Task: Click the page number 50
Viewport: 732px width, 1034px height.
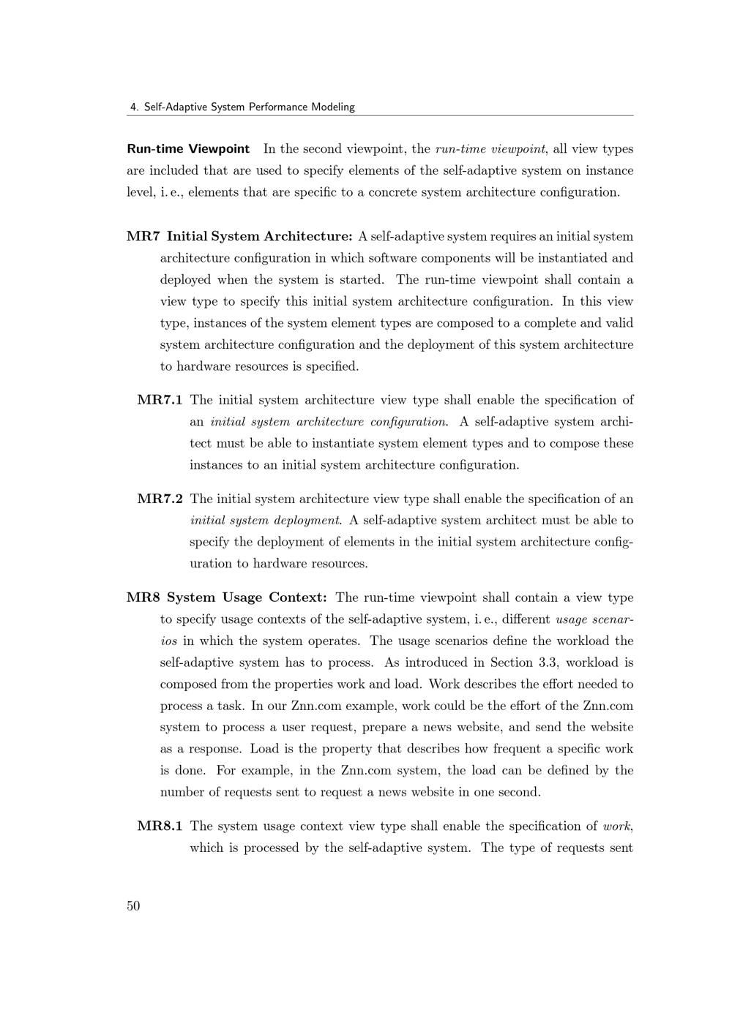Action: [x=133, y=906]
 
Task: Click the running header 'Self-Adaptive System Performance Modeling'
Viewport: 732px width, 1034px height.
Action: [x=249, y=107]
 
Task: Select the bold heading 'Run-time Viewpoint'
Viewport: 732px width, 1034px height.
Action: [x=188, y=149]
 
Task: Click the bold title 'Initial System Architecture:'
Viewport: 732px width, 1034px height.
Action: [x=260, y=236]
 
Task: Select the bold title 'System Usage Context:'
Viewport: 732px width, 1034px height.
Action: [x=247, y=597]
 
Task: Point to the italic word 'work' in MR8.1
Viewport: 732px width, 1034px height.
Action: [x=617, y=826]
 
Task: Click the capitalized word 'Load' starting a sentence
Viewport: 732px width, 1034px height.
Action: [x=262, y=749]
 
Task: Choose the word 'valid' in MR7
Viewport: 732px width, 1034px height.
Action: [x=619, y=323]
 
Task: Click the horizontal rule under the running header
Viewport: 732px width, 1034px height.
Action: [x=380, y=116]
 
